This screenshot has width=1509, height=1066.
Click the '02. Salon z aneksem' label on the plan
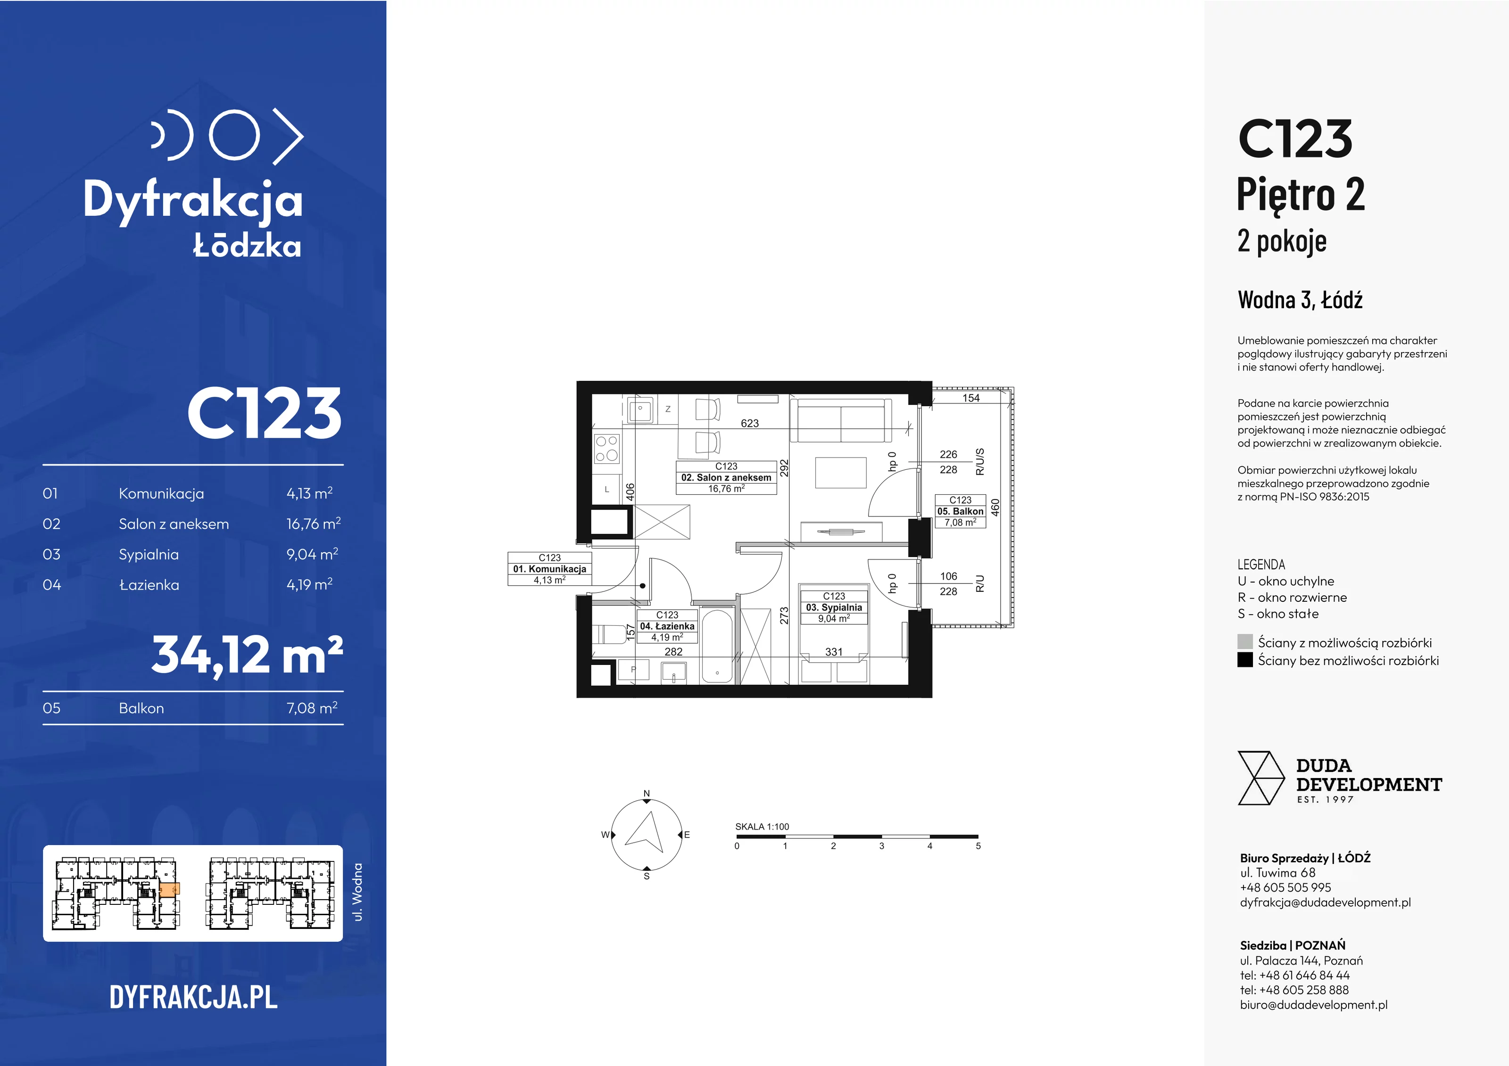[726, 477]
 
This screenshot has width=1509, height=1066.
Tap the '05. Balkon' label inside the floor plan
[960, 511]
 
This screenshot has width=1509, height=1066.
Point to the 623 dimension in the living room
[750, 424]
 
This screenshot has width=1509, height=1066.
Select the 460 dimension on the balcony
[995, 508]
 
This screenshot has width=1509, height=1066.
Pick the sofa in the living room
[841, 420]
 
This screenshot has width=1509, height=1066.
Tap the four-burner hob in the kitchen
[606, 448]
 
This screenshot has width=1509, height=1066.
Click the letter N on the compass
[647, 794]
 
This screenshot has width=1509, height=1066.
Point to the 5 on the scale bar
[978, 846]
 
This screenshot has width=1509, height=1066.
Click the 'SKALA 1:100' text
[762, 827]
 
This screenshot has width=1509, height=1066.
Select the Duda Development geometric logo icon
[1260, 779]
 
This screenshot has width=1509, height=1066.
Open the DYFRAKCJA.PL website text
[193, 997]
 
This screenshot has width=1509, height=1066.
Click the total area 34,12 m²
[247, 655]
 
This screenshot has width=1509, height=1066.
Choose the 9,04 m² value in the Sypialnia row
[312, 554]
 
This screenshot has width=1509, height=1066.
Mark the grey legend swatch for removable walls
[1245, 642]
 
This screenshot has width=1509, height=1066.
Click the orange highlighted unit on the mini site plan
[170, 890]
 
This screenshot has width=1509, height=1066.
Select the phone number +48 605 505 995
[1285, 887]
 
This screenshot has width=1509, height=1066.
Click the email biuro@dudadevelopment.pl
[1314, 1004]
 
